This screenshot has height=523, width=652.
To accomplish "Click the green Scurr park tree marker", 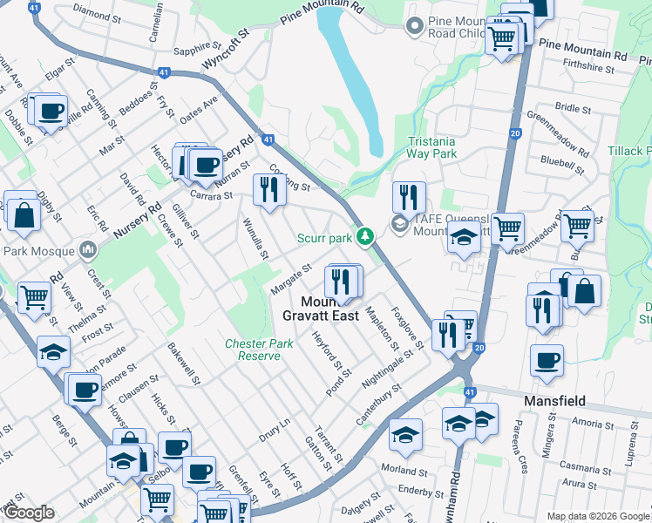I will pyautogui.click(x=368, y=236).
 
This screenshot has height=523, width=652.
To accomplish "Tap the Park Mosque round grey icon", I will pyautogui.click(x=87, y=251).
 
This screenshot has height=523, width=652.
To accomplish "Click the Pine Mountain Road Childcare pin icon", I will pyautogui.click(x=414, y=24).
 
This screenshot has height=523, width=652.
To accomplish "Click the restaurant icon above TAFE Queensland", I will pyautogui.click(x=408, y=196).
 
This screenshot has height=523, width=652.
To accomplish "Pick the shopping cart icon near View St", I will pyautogui.click(x=35, y=297).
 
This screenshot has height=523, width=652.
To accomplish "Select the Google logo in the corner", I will pyautogui.click(x=30, y=513).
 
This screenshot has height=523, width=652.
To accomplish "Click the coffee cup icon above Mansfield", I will pyautogui.click(x=547, y=359).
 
